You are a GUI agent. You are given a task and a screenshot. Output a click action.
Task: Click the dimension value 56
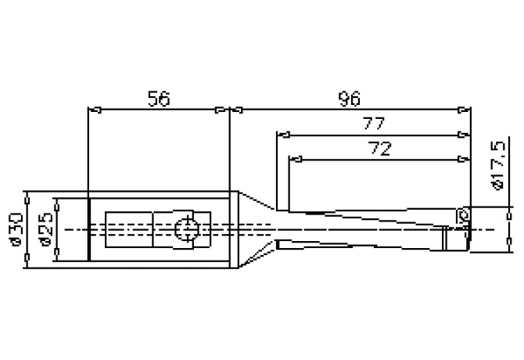click(x=158, y=99)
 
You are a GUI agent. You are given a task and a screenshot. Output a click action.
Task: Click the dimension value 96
click(x=349, y=99)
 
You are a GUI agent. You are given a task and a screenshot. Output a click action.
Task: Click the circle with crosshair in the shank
click(x=186, y=229)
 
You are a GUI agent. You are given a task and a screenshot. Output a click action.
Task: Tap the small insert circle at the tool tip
click(x=463, y=214)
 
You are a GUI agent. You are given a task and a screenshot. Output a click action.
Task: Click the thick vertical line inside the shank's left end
click(x=89, y=229)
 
